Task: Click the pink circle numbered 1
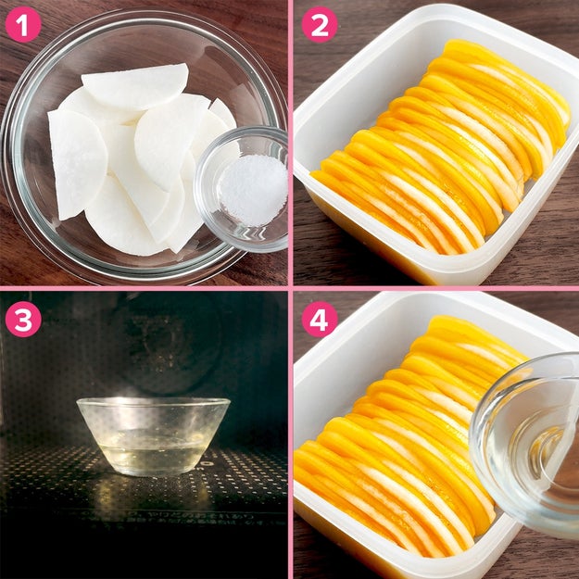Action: click(x=23, y=24)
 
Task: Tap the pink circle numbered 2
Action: click(x=320, y=24)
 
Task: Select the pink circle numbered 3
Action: click(x=23, y=319)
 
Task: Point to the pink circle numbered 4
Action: click(x=320, y=319)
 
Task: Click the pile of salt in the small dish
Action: click(x=253, y=189)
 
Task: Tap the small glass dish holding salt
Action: click(x=242, y=188)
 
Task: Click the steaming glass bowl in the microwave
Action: click(x=153, y=435)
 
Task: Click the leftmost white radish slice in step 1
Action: click(x=77, y=163)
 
